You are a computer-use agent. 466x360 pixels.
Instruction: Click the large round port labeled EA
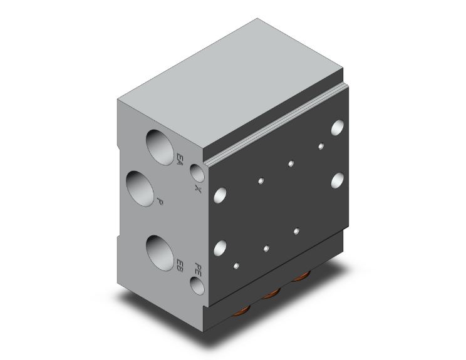pyautogui.click(x=160, y=147)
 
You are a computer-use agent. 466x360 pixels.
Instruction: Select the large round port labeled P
pyautogui.click(x=140, y=188)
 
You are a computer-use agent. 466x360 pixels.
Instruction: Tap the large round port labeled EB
pyautogui.click(x=160, y=253)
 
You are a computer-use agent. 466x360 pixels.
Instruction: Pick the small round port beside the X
pyautogui.click(x=197, y=173)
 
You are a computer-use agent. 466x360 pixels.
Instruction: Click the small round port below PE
pyautogui.click(x=197, y=285)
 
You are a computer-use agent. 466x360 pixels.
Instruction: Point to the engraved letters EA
pyautogui.click(x=180, y=160)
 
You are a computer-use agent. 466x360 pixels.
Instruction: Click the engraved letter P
pyautogui.click(x=160, y=202)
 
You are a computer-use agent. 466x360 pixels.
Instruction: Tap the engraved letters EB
pyautogui.click(x=180, y=265)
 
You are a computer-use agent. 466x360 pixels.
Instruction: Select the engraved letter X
pyautogui.click(x=198, y=188)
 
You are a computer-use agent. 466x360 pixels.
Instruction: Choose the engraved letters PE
pyautogui.click(x=198, y=270)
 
